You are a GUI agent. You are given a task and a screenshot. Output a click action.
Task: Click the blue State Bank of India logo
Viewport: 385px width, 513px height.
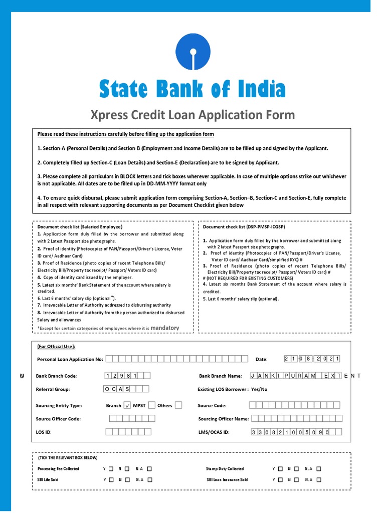192,52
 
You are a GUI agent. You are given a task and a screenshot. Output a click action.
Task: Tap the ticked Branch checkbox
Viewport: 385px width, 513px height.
127,405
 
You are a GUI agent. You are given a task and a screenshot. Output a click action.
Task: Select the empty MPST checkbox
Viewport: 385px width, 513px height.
152,405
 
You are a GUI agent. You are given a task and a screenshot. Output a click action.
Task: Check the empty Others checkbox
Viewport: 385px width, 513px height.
178,405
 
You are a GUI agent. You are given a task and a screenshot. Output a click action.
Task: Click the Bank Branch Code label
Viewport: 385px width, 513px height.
56,376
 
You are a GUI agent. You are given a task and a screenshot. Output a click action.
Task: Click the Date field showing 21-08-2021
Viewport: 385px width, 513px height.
312,359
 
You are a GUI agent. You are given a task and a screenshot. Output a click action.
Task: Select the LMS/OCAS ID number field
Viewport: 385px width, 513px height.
296,432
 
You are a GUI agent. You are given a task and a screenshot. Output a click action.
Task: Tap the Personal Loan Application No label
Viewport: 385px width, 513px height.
70,359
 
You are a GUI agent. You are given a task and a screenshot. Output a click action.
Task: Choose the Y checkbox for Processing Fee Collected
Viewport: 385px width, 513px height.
111,469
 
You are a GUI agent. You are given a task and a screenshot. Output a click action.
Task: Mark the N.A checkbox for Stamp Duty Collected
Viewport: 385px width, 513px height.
319,469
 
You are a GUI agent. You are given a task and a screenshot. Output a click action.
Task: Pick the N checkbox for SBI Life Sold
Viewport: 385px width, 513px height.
127,479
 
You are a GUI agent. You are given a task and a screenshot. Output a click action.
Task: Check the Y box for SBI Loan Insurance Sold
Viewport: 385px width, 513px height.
280,479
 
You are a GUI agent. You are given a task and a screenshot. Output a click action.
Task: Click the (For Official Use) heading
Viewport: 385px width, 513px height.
56,346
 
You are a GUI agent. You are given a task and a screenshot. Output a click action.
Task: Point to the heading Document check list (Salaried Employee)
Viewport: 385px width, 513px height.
80,227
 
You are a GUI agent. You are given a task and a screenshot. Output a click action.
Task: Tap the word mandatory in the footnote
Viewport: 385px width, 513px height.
164,328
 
